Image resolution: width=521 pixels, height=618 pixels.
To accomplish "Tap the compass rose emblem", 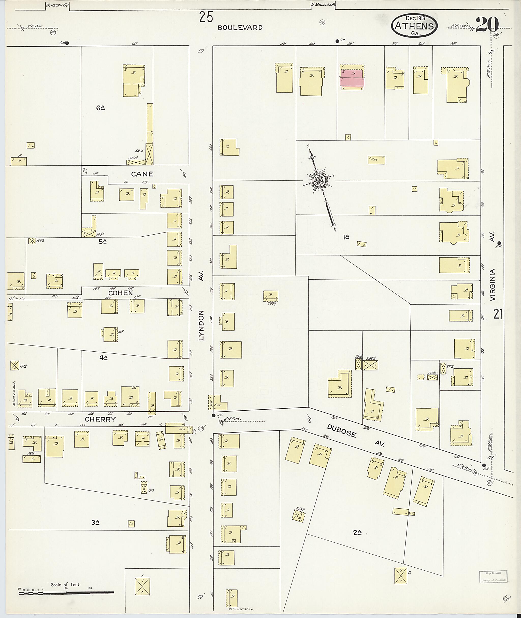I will pos(319,180).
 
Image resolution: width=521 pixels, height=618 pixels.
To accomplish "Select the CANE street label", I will pos(142,174).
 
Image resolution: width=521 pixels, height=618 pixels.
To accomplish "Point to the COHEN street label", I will pos(121,293).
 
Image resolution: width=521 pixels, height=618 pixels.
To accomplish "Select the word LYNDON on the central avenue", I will pos(201,325).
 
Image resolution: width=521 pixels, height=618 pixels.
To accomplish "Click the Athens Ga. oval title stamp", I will pos(414,26).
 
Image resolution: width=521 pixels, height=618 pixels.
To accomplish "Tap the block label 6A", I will pos(100,108).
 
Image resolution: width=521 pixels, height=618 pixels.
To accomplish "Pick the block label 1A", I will pos(346,236).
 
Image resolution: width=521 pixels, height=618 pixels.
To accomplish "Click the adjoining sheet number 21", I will pos(498,314).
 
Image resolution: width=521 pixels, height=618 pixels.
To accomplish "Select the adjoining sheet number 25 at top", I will pos(206,17).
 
